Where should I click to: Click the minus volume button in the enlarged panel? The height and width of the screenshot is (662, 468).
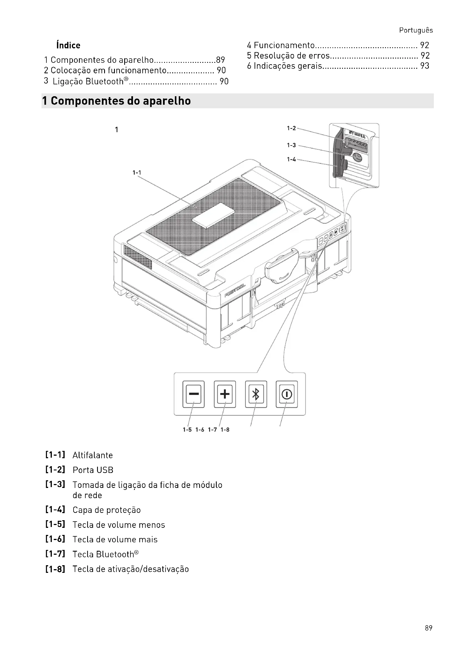193,394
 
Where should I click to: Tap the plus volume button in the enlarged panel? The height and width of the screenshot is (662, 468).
225,394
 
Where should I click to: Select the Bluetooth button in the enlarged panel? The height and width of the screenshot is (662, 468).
256,394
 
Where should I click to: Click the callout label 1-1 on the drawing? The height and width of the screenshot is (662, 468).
137,173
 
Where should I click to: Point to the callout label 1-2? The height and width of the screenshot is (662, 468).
291,128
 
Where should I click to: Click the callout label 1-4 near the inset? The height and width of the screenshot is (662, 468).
291,159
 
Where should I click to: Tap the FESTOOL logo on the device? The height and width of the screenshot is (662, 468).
235,290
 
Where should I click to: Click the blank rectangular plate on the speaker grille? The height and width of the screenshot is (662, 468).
214,215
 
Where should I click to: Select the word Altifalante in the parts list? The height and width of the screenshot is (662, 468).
93,455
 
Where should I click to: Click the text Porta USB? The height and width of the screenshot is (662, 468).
93,470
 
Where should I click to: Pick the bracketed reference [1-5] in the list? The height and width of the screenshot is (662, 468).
55,524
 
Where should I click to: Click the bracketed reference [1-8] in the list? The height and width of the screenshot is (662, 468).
55,569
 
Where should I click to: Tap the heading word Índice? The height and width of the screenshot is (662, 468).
68,45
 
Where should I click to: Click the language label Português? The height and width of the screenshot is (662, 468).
416,30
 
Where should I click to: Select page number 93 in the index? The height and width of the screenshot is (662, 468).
424,66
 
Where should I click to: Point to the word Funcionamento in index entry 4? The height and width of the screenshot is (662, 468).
284,45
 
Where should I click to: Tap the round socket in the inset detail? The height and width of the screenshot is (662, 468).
357,157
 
